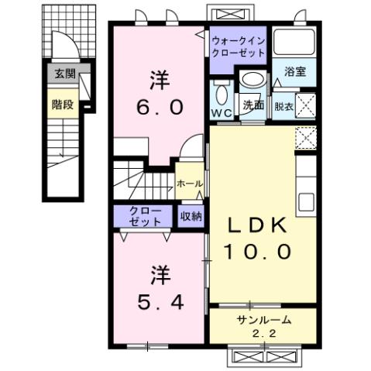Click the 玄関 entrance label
[x=64, y=76]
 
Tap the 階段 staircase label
[x=64, y=105]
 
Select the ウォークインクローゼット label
[x=239, y=45]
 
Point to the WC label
[x=222, y=113]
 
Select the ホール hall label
[x=191, y=184]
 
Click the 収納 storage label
[x=191, y=216]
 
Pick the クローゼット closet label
[x=145, y=216]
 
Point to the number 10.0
[x=259, y=252]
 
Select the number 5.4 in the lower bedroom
[x=160, y=301]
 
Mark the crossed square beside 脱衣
[x=306, y=104]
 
